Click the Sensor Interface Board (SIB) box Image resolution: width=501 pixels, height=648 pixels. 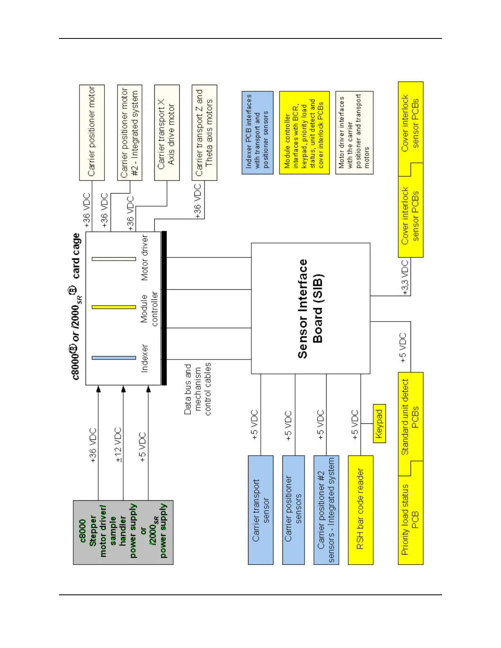[310, 308]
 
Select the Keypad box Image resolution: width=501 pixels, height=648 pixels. [379, 423]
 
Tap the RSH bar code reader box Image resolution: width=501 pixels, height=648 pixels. [360, 510]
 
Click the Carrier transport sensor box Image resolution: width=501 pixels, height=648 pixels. [260, 510]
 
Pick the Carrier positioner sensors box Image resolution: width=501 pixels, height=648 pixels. [293, 510]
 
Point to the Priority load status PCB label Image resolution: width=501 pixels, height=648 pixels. [410, 520]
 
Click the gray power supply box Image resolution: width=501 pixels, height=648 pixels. [123, 532]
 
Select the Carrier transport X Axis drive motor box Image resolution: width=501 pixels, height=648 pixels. [167, 133]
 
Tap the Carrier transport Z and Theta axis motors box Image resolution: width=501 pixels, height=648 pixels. [204, 133]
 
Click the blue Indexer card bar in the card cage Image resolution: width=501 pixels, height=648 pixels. [114, 358]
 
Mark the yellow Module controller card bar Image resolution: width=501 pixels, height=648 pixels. [114, 307]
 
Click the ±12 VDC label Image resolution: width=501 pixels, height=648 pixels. [118, 445]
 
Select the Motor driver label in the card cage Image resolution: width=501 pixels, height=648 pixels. [144, 258]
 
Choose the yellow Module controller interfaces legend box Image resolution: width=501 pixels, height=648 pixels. [304, 133]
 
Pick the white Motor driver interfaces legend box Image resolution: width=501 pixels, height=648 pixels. [354, 133]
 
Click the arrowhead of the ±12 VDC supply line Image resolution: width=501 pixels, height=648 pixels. [123, 389]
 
